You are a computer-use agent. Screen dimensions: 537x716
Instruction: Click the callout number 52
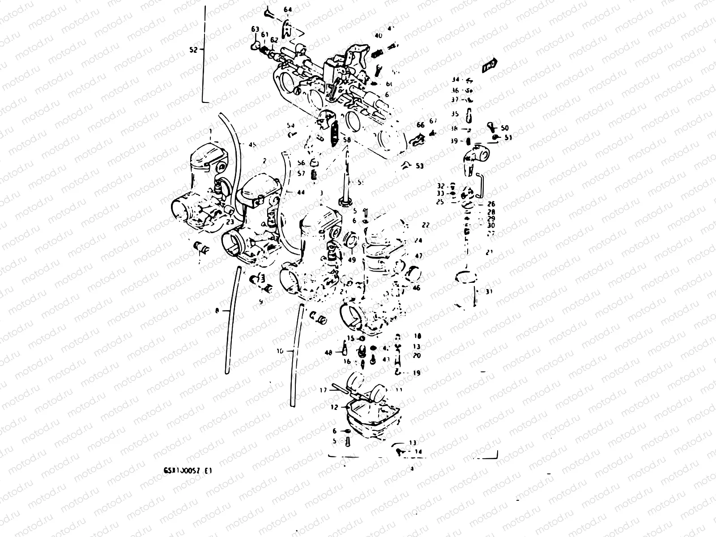[193, 51]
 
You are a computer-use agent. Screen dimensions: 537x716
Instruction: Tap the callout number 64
[287, 9]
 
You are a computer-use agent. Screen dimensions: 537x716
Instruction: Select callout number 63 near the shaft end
[255, 29]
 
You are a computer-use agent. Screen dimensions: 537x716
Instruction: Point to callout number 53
[419, 166]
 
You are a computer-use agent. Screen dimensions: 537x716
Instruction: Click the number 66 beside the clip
[420, 125]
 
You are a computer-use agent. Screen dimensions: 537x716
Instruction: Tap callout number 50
[505, 128]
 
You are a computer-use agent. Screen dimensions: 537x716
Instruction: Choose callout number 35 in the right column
[455, 114]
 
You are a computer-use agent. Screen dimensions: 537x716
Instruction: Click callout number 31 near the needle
[489, 291]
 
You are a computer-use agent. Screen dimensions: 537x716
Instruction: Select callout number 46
[416, 288]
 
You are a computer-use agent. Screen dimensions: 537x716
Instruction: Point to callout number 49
[352, 260]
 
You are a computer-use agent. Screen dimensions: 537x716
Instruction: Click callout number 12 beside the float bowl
[334, 407]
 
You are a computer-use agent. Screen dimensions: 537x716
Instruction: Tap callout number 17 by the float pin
[323, 390]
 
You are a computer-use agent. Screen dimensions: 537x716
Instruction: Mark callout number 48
[328, 353]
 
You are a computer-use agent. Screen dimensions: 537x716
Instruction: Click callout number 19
[417, 372]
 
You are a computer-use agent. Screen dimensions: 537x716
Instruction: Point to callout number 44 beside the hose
[300, 192]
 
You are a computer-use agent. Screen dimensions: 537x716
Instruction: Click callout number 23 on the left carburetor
[230, 221]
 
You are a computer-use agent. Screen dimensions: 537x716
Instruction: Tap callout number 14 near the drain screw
[418, 452]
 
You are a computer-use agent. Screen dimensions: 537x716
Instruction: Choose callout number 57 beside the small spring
[301, 173]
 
